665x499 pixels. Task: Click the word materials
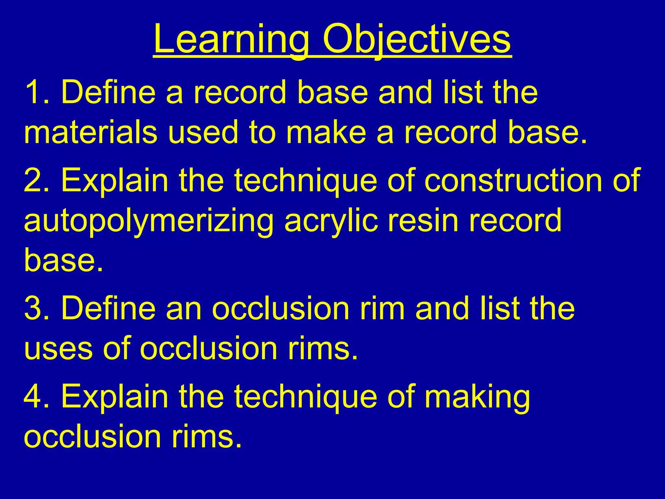click(x=91, y=132)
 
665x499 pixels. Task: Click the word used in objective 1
click(x=203, y=132)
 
